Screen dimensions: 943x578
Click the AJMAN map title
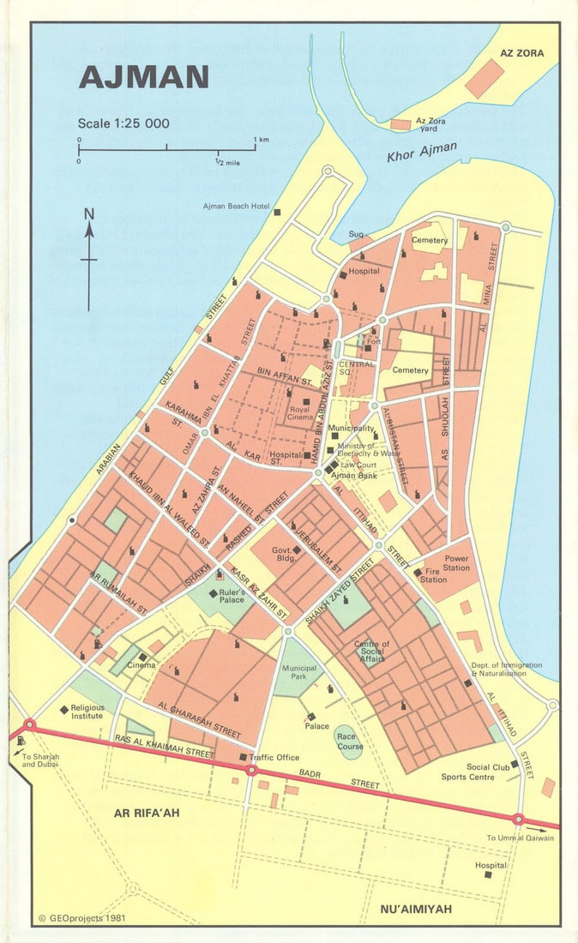(x=143, y=77)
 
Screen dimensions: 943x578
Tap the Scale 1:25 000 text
(x=123, y=123)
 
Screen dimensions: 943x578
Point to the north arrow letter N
(x=89, y=214)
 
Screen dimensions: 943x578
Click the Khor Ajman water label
(x=422, y=153)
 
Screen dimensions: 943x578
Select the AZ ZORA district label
(x=521, y=53)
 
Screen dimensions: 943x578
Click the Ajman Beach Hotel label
(x=237, y=207)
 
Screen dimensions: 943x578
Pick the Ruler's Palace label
(x=232, y=595)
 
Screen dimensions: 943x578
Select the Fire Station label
(x=433, y=575)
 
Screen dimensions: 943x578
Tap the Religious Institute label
(x=87, y=711)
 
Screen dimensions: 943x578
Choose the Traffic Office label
(x=274, y=758)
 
